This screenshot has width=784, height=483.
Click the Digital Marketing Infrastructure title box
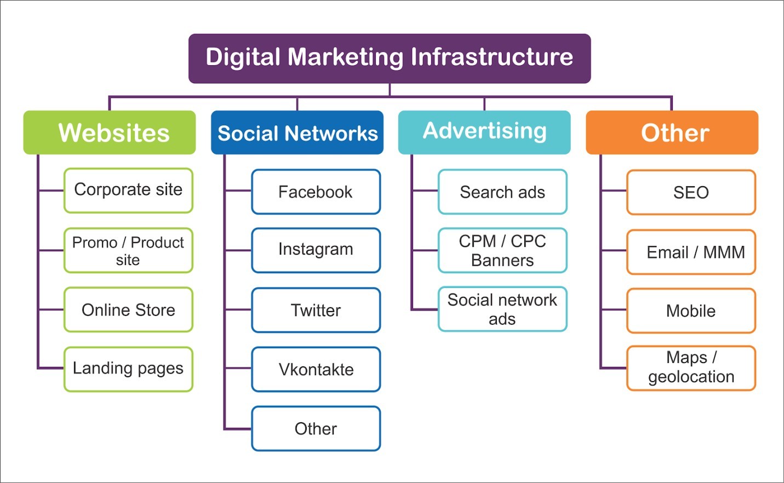click(390, 58)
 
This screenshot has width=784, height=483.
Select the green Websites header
click(110, 133)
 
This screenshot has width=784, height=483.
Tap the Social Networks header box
click(297, 133)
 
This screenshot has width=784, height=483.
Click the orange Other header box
click(672, 133)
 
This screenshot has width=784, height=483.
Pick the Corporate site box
click(128, 191)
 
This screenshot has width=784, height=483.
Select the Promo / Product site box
click(128, 250)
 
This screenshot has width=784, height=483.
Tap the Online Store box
click(128, 309)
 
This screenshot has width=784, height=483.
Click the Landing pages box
click(128, 369)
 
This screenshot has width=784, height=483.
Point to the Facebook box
click(316, 192)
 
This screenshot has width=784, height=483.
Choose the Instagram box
click(316, 250)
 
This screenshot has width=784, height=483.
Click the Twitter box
click(316, 310)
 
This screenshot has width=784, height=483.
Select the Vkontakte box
click(316, 369)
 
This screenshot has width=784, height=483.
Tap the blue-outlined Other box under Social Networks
click(316, 428)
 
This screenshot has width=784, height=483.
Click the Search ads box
click(502, 192)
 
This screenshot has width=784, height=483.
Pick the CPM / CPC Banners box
click(502, 250)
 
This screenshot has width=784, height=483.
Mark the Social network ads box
click(502, 309)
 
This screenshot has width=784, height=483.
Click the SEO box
click(691, 192)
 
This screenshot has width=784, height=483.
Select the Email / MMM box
click(691, 252)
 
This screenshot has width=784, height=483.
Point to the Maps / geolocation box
click(691, 368)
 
